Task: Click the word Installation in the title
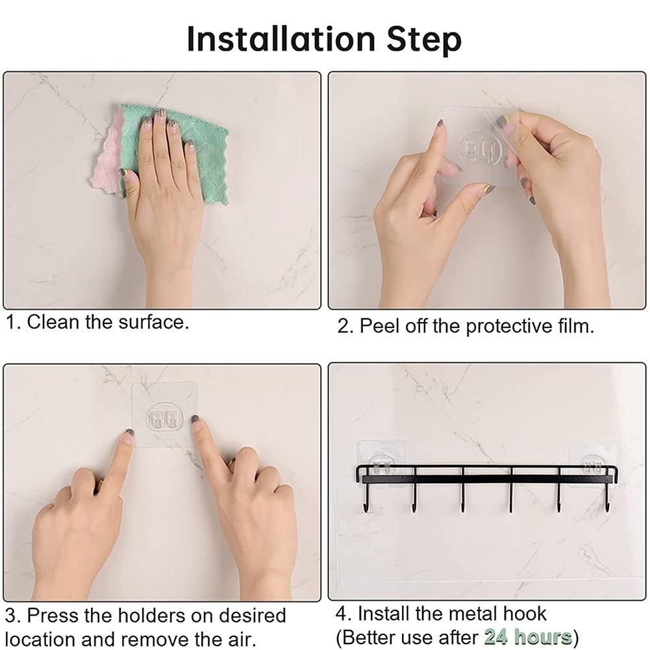[281, 39]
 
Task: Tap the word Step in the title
[423, 40]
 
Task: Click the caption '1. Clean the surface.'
[97, 322]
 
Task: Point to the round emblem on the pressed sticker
[165, 417]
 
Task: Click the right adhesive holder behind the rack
[593, 462]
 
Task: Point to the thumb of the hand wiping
[126, 182]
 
